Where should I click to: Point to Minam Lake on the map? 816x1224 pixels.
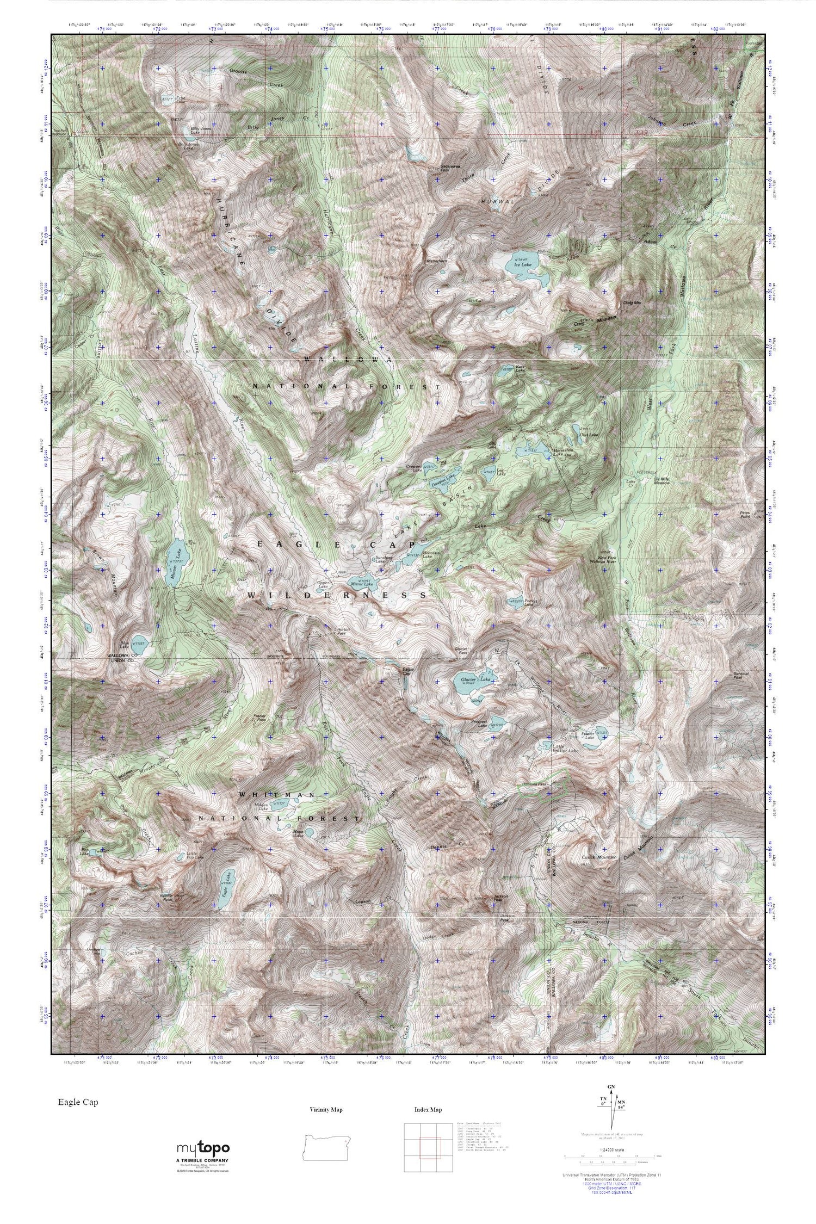(174, 569)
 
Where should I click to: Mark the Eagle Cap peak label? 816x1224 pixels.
(405, 672)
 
